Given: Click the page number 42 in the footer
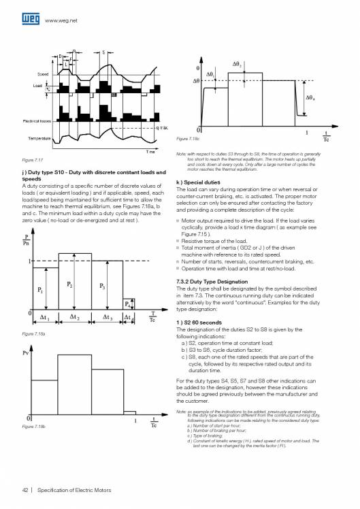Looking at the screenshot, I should point(25,489).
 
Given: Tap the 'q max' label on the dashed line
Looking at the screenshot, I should point(162,127).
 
